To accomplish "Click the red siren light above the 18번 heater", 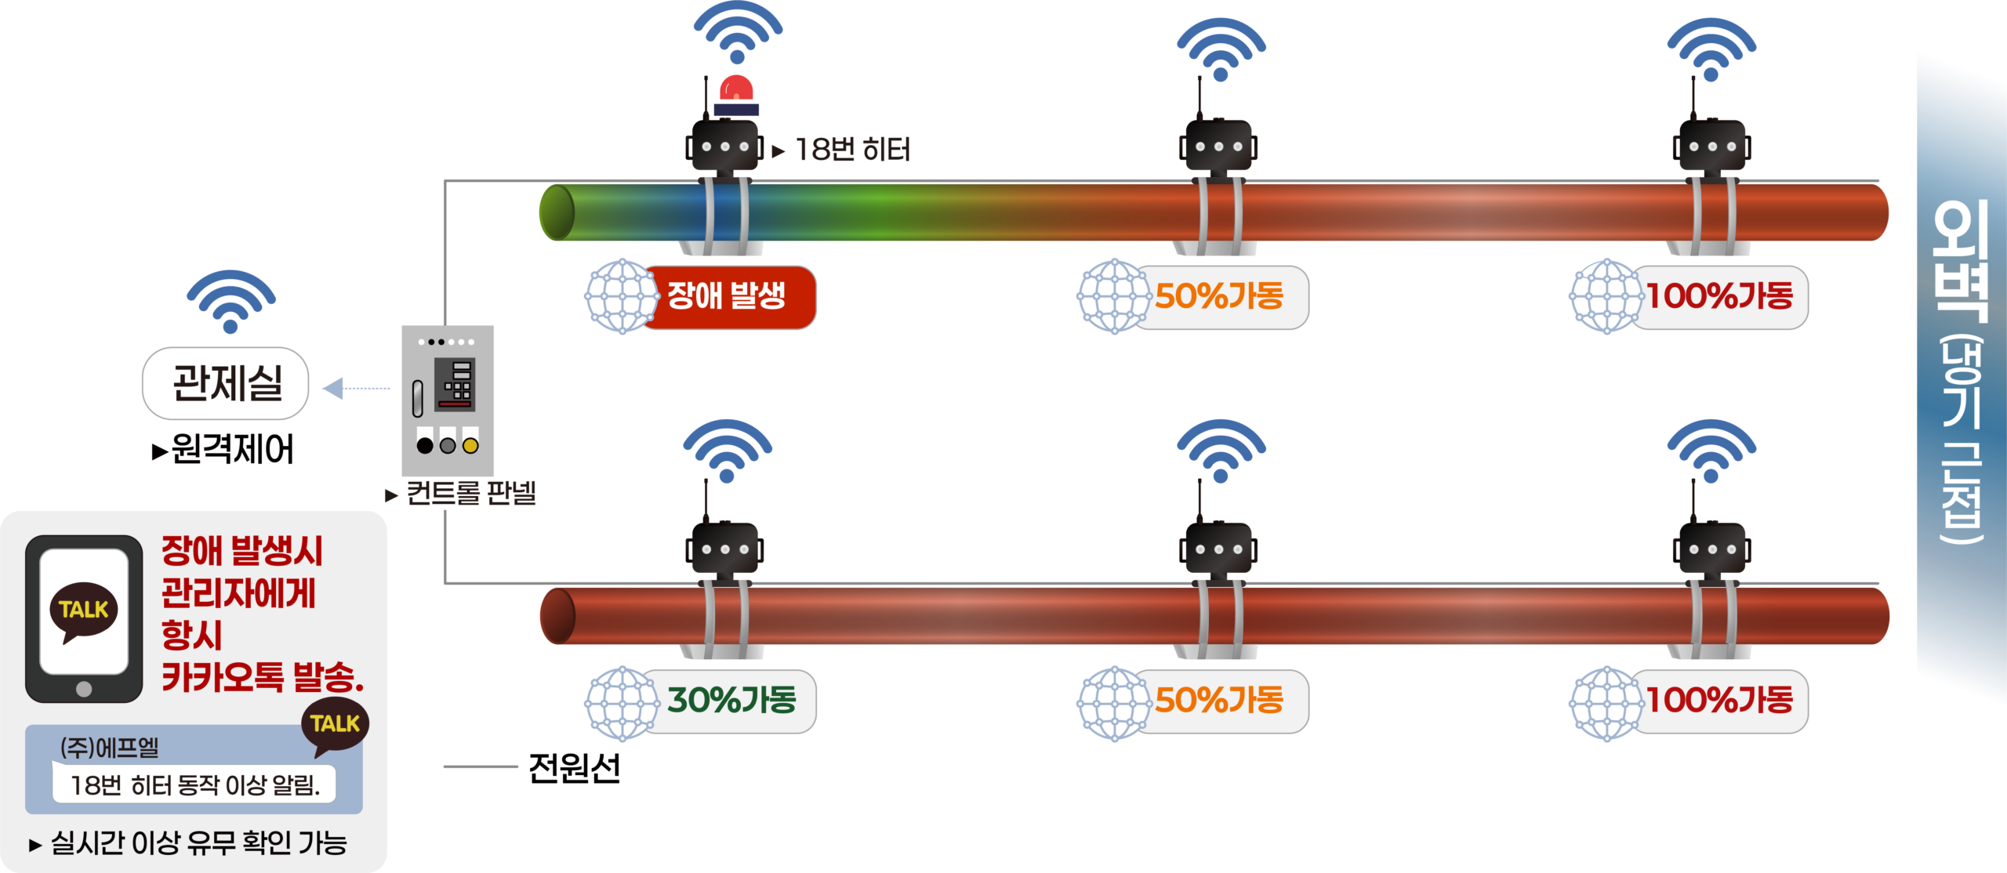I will point(736,92).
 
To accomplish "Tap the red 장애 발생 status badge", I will point(728,297).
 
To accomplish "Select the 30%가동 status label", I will point(731,701).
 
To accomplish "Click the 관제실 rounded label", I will point(226,383).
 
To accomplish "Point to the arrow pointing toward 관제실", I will point(356,388).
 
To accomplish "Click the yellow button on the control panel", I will point(470,446).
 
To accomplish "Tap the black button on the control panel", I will point(425,446).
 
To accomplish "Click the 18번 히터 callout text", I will point(853,150).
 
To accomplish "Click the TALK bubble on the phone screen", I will point(84,610).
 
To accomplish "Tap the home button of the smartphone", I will point(84,689).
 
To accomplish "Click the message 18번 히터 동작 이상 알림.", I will point(194,785).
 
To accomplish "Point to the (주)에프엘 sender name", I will point(110,748).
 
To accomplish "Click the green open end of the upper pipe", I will point(557,212).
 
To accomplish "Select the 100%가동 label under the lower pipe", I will point(1718,701).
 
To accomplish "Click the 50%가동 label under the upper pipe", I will point(1219,297).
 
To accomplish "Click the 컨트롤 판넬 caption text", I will point(470,494).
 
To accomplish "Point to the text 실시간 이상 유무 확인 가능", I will point(198,843).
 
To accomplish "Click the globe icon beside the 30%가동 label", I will point(622,703).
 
